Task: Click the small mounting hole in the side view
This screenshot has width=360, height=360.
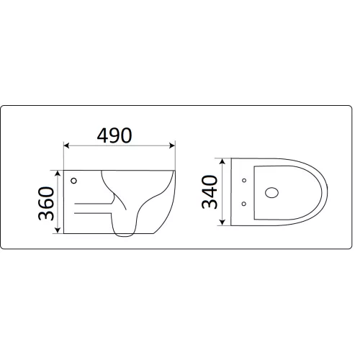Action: pos(74,179)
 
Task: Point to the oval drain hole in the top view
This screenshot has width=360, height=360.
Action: pos(271,192)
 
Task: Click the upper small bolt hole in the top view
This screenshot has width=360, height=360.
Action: pos(245,179)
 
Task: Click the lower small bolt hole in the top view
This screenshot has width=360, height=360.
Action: pos(245,204)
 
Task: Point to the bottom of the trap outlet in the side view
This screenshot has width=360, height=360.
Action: pos(123,233)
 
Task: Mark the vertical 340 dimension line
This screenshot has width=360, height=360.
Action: pos(226,192)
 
